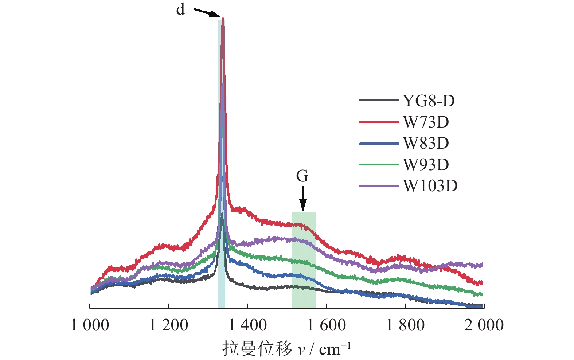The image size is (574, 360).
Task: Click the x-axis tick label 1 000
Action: tap(90, 325)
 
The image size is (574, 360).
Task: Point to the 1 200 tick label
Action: tap(168, 325)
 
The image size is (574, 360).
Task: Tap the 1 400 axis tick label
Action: tap(247, 325)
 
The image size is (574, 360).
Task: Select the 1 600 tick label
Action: tap(327, 325)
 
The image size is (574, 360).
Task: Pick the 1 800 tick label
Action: tap(405, 325)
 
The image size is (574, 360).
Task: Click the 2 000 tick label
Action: tap(484, 325)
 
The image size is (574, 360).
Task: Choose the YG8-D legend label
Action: tap(429, 101)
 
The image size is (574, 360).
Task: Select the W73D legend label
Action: tap(426, 122)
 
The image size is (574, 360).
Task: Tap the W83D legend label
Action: tap(426, 143)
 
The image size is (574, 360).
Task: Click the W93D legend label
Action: tap(426, 165)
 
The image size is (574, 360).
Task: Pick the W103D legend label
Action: tap(430, 186)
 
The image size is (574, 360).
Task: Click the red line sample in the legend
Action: tap(379, 122)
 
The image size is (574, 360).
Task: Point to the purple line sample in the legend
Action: tap(379, 186)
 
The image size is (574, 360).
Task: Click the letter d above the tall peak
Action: tap(180, 9)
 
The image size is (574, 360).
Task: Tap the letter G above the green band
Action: tap(302, 176)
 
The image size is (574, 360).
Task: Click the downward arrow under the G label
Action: tap(303, 199)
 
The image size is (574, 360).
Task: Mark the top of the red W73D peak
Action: tap(223, 19)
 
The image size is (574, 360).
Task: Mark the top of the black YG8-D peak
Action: tap(222, 214)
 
